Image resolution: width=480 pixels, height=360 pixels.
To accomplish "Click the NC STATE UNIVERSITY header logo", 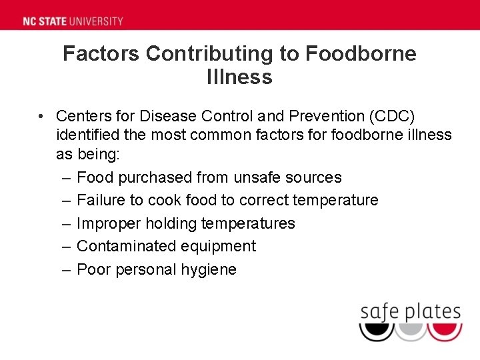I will [x=73, y=21].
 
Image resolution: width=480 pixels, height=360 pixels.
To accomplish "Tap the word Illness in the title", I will [x=239, y=77].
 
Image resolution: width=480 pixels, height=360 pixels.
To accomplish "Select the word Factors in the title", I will [x=102, y=54].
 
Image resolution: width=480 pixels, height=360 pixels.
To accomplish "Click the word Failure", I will [x=101, y=200].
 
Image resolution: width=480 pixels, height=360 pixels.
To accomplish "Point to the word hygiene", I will [x=209, y=269].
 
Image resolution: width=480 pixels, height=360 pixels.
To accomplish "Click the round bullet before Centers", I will [x=41, y=116].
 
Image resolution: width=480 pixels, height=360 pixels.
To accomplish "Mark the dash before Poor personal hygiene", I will [x=66, y=269].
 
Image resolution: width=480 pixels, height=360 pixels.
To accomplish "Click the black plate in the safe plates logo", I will [x=376, y=331].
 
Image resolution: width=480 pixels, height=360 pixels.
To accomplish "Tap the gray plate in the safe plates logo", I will [x=410, y=331].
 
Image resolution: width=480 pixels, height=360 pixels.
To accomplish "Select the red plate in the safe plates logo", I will [x=445, y=331].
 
